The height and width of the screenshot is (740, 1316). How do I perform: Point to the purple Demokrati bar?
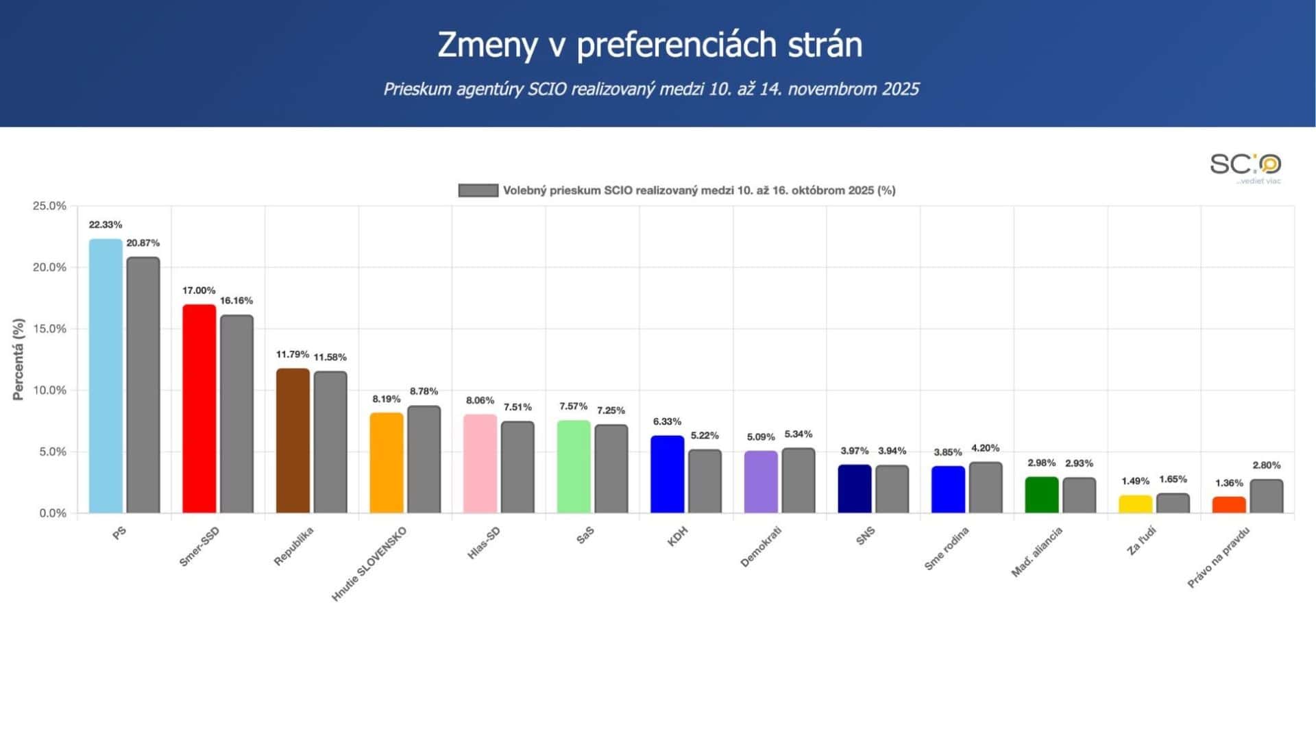pyautogui.click(x=761, y=482)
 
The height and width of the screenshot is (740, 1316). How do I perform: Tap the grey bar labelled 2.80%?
pyautogui.click(x=1266, y=496)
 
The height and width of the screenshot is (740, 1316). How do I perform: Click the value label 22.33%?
pyautogui.click(x=106, y=225)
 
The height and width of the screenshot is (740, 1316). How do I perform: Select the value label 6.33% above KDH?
pyautogui.click(x=667, y=421)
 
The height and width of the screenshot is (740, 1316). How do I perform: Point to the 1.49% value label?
pyautogui.click(x=1135, y=481)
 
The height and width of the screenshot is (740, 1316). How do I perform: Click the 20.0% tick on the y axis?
pyautogui.click(x=49, y=267)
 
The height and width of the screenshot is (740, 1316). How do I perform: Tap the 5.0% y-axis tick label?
pyautogui.click(x=52, y=452)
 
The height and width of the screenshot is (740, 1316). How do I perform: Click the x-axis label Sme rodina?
pyautogui.click(x=946, y=549)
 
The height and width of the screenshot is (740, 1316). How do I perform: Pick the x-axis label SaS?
pyautogui.click(x=585, y=536)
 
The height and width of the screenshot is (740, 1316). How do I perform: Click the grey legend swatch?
pyautogui.click(x=478, y=190)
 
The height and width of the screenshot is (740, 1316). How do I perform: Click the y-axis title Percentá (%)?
pyautogui.click(x=19, y=359)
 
